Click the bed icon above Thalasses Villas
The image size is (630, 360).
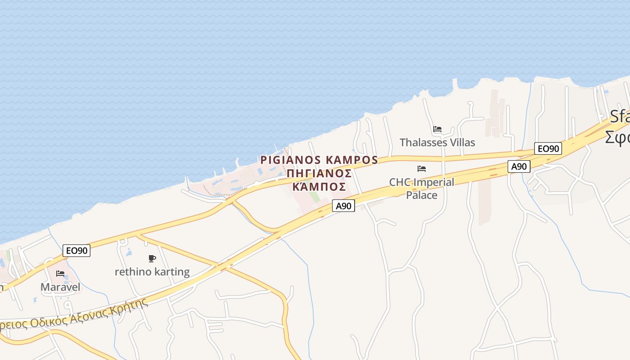437,129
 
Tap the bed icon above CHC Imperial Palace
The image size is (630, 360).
421,169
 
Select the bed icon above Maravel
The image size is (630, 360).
60,274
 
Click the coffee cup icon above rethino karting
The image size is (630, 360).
152,258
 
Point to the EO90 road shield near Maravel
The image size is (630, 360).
76,251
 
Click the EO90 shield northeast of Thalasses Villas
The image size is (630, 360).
548,148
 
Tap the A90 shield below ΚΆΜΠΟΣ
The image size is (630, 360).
343,206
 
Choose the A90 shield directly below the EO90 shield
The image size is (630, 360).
519,166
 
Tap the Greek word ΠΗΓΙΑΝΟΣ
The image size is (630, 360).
319,173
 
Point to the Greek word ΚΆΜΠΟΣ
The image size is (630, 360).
319,187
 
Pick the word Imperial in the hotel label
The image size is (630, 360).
433,182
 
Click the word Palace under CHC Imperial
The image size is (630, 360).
422,195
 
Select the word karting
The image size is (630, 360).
172,272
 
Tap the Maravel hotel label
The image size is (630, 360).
60,287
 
